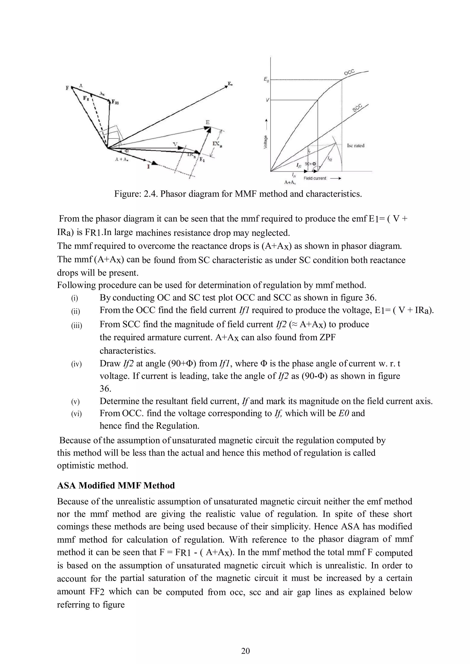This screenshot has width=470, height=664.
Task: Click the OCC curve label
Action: (x=349, y=72)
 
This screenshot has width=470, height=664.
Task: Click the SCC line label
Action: (x=358, y=108)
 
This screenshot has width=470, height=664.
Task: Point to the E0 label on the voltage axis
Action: (x=266, y=80)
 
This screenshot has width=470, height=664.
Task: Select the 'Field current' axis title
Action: (x=315, y=178)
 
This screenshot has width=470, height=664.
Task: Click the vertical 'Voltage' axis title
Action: (x=265, y=143)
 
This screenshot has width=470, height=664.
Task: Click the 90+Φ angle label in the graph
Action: (x=310, y=164)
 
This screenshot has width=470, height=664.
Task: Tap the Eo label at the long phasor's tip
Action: (x=230, y=84)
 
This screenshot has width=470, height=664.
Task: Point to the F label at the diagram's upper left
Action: (x=67, y=88)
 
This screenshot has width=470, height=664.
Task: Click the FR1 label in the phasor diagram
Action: (x=115, y=102)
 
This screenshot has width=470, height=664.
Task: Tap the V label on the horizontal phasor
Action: (x=174, y=144)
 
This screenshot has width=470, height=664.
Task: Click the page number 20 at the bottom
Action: (x=245, y=651)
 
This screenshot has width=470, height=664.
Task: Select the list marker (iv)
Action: (x=76, y=364)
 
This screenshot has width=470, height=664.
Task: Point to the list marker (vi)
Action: (x=76, y=414)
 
